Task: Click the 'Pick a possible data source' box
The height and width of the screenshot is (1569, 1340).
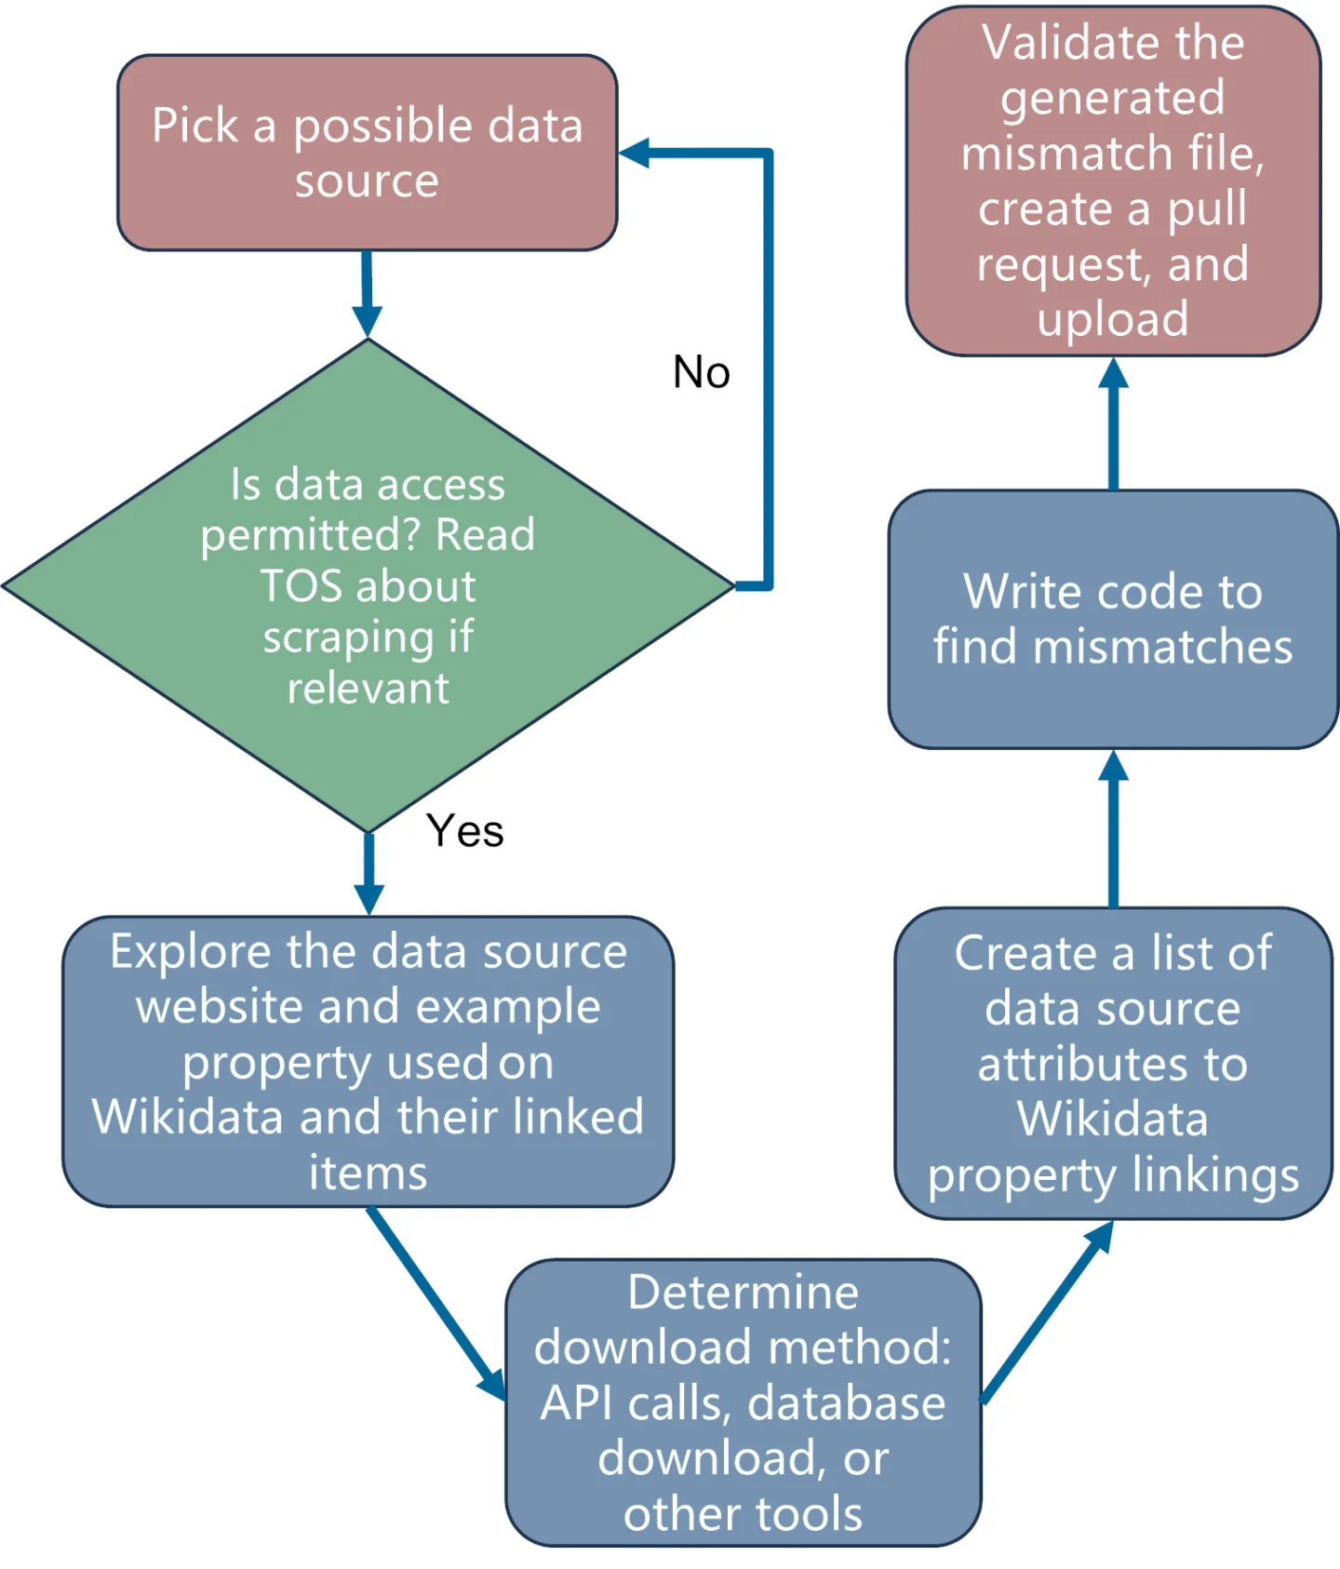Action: (x=367, y=153)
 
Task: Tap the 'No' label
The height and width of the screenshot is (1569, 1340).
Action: (x=702, y=372)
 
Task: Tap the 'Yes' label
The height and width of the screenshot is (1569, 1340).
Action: (x=464, y=830)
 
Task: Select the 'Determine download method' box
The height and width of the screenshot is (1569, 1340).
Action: (x=743, y=1403)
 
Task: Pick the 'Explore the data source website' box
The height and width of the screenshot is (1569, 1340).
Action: (x=368, y=1061)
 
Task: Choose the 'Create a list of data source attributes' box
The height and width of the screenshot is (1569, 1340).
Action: (x=1113, y=1063)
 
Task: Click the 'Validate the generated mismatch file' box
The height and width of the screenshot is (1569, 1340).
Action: (x=1113, y=181)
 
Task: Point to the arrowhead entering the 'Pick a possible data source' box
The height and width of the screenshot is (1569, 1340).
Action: (x=635, y=154)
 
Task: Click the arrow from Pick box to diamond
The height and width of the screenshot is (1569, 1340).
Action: (x=367, y=293)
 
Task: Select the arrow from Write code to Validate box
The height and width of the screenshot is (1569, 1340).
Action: (x=1113, y=423)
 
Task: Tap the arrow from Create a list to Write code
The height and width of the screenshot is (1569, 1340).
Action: (x=1113, y=828)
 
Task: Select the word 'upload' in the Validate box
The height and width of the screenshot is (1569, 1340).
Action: (x=1113, y=319)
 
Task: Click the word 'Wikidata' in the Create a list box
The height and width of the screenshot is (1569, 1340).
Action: (x=1113, y=1119)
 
